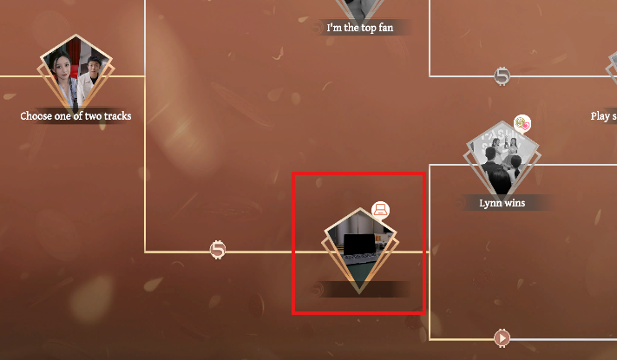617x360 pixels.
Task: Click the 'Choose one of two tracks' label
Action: (75, 116)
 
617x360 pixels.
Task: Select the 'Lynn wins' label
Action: (503, 203)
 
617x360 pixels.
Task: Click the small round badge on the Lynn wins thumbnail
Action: (522, 124)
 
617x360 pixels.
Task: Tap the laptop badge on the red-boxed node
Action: (380, 209)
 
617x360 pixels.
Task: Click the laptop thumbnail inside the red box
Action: (358, 247)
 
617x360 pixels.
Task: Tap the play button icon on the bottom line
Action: (502, 337)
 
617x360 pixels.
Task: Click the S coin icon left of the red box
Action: (218, 251)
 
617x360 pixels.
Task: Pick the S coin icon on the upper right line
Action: (502, 76)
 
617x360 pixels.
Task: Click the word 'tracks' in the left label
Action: (115, 116)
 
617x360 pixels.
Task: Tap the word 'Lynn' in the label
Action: (490, 203)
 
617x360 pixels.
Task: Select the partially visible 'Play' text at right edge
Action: (601, 116)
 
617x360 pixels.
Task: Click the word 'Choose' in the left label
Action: (36, 116)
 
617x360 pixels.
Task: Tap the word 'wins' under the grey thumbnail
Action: (515, 203)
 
